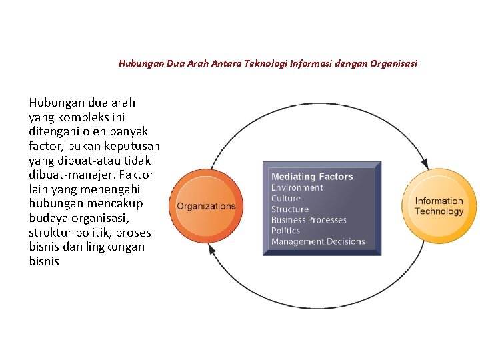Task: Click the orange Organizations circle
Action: [205, 206]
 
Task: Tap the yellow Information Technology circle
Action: [439, 206]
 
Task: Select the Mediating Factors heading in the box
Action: [311, 177]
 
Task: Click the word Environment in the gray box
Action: [297, 187]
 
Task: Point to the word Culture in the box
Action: [286, 198]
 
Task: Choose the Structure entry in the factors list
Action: [290, 209]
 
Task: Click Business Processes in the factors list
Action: [309, 219]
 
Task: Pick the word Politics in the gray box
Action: [285, 230]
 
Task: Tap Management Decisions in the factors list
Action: [318, 241]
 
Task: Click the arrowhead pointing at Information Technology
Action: [424, 162]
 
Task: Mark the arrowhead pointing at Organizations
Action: [213, 249]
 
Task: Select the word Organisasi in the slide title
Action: [395, 64]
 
